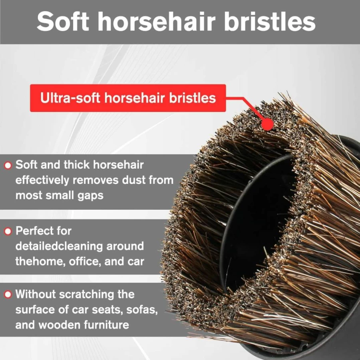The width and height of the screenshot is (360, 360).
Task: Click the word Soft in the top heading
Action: click(63, 21)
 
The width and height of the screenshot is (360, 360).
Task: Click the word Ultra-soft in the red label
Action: click(70, 98)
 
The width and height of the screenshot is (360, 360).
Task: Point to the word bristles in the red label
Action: click(193, 98)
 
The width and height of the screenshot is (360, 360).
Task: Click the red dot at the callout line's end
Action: click(267, 124)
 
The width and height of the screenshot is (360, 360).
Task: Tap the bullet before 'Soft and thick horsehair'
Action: click(8, 165)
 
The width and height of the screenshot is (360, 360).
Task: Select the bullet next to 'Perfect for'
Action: click(8, 231)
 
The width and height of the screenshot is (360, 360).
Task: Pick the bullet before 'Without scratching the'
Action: click(8, 294)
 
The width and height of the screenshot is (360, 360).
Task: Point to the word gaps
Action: click(90, 196)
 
